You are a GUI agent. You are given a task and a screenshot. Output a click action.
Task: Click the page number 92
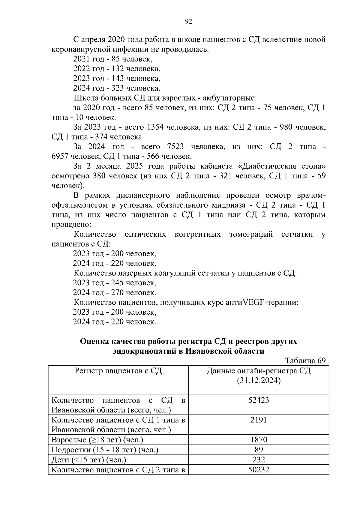point(189,21)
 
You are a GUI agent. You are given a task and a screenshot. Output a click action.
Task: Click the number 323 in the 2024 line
point(117,88)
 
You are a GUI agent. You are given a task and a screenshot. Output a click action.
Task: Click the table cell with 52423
point(259,400)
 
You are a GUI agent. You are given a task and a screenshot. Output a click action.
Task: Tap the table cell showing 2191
point(259,420)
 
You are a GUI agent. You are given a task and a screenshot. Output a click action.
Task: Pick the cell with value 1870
point(259,440)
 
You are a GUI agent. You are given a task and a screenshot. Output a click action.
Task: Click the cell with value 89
point(259,450)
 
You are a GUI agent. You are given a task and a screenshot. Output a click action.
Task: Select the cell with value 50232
point(259,469)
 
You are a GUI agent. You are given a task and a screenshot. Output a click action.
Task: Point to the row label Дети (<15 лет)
point(89,460)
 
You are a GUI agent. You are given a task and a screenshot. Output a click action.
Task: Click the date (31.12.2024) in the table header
point(259,381)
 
